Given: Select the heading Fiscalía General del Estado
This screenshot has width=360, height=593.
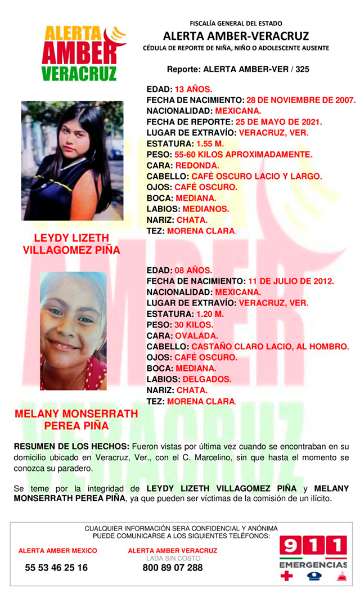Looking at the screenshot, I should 236,24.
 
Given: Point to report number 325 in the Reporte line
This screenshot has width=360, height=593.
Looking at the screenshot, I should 300,70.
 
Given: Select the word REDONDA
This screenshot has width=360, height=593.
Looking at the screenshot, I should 199,165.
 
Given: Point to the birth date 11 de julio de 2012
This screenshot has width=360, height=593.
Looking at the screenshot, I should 291,281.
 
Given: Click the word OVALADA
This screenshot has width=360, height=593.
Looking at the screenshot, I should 197,336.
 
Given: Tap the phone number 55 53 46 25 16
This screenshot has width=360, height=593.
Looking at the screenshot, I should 56,568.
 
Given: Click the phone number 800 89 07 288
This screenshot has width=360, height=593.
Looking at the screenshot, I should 173,568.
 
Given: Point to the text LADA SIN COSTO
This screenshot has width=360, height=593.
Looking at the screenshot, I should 172,558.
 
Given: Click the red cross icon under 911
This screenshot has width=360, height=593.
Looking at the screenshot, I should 287,576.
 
